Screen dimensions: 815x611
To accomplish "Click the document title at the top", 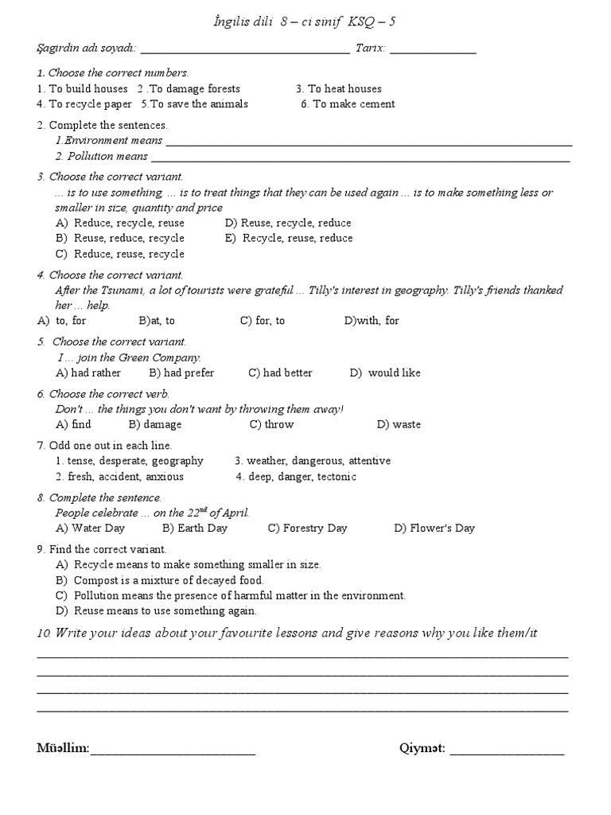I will click(305, 22).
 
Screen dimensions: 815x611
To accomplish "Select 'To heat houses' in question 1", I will click(339, 89).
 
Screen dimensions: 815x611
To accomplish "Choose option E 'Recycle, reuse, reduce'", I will click(290, 239).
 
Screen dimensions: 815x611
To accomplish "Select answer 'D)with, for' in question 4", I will click(372, 321).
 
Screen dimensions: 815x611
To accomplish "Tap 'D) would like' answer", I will click(385, 373).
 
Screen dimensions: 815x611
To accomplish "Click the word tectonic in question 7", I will click(337, 478).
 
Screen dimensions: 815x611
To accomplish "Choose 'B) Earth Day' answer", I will click(195, 528).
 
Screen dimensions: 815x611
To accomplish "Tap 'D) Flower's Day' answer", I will click(434, 528).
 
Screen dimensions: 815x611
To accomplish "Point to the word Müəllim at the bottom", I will click(63, 749).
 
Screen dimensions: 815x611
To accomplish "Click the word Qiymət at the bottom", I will click(422, 749).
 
